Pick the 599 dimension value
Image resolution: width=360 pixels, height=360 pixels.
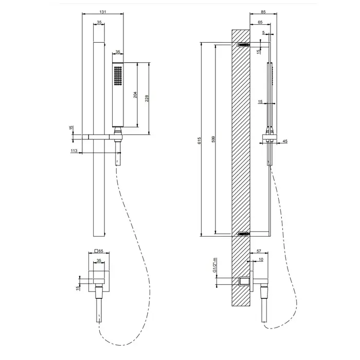213,139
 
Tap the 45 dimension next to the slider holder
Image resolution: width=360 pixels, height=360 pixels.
285,141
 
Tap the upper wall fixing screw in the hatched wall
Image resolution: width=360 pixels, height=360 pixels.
243,46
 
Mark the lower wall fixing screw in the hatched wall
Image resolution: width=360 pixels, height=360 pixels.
243,234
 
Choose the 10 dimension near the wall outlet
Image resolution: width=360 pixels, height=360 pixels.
261,261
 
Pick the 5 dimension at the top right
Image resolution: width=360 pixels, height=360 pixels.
263,33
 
